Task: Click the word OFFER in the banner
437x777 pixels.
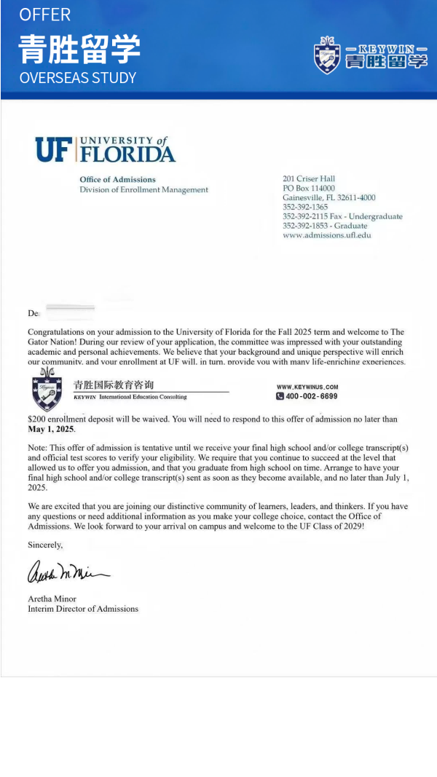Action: (x=44, y=15)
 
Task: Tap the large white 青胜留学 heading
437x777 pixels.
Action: (x=79, y=48)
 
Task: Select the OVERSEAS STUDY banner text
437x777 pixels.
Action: (x=77, y=77)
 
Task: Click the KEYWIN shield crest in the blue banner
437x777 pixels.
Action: (x=327, y=55)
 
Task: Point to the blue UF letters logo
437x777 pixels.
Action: (x=55, y=149)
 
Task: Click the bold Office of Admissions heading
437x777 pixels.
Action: (x=117, y=179)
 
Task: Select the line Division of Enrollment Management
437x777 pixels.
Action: (x=143, y=189)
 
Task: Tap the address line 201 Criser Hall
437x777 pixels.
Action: (x=309, y=178)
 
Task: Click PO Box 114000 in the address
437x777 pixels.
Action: (x=309, y=188)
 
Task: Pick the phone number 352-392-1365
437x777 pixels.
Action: (x=305, y=207)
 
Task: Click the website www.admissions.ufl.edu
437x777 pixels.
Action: (x=326, y=235)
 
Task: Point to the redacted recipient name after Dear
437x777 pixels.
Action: (x=70, y=312)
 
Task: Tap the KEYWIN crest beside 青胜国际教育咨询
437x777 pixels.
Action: (x=47, y=390)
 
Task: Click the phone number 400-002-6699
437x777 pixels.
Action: (x=311, y=396)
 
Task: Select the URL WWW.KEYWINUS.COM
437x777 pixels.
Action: (x=307, y=387)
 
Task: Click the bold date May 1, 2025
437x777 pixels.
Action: (x=51, y=429)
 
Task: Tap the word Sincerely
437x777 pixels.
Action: (x=45, y=545)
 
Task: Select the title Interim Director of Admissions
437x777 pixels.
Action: (x=82, y=609)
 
